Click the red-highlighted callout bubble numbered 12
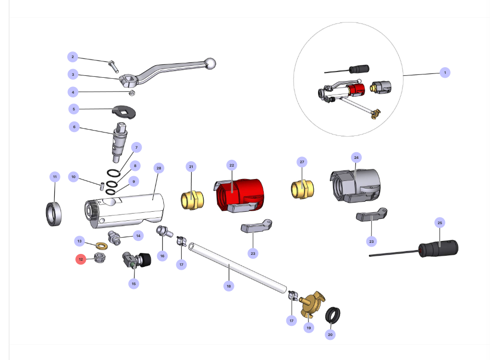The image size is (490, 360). [81, 259]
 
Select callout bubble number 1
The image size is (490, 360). [445, 72]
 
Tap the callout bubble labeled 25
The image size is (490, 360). [440, 222]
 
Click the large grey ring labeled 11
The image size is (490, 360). [54, 214]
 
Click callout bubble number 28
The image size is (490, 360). [159, 168]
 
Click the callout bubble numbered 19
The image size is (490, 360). [308, 328]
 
